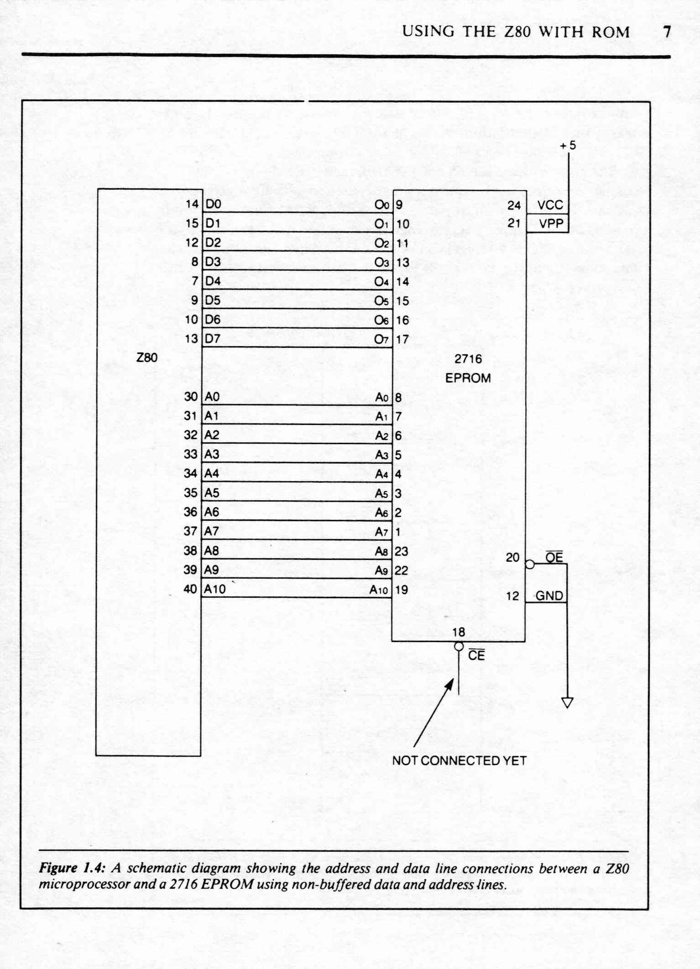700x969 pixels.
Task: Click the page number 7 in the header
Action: click(667, 32)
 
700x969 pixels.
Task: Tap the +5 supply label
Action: click(568, 145)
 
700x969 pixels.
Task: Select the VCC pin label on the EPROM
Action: click(550, 205)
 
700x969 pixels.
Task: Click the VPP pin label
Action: click(551, 223)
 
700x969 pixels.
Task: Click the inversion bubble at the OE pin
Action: click(530, 564)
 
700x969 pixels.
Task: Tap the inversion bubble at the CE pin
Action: click(459, 646)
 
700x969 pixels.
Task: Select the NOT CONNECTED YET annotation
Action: click(459, 761)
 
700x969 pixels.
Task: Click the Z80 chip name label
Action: click(147, 358)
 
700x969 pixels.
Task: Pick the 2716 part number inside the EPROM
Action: click(468, 359)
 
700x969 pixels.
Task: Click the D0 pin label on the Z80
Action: click(213, 204)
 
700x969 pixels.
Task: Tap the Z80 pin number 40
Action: click(190, 589)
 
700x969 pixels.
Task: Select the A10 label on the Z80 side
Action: click(214, 589)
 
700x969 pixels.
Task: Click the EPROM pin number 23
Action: click(402, 551)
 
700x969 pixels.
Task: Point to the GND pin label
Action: click(549, 596)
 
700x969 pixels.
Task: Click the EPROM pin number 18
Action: click(459, 632)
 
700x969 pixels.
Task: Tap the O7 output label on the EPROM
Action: click(381, 339)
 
